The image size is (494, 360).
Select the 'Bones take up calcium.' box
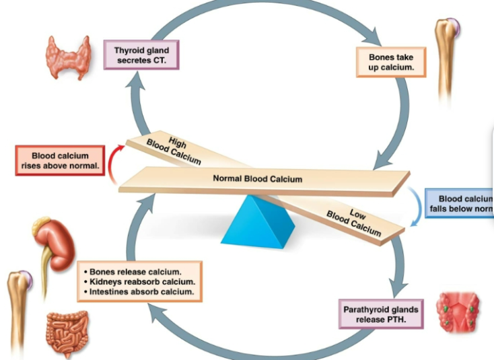391,62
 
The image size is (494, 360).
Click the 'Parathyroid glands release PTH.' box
381,314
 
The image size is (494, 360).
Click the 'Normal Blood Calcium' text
257,179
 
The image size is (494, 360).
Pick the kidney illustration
50,240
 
